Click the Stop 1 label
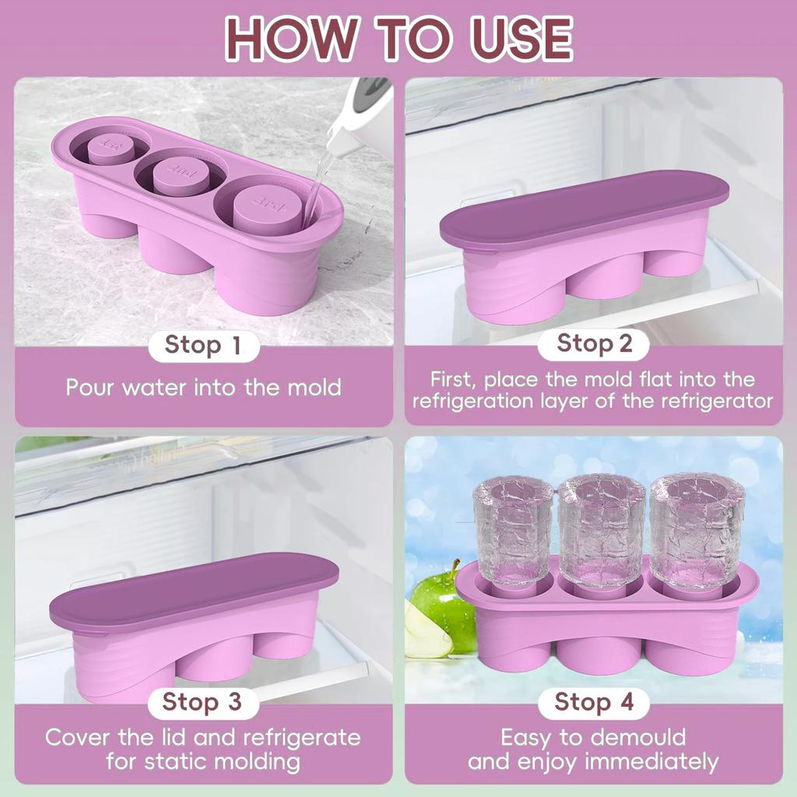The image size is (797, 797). click(x=202, y=346)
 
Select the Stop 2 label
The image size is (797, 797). click(x=595, y=343)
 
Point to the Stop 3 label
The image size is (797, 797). click(x=202, y=702)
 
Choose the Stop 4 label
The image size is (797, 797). click(x=595, y=702)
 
